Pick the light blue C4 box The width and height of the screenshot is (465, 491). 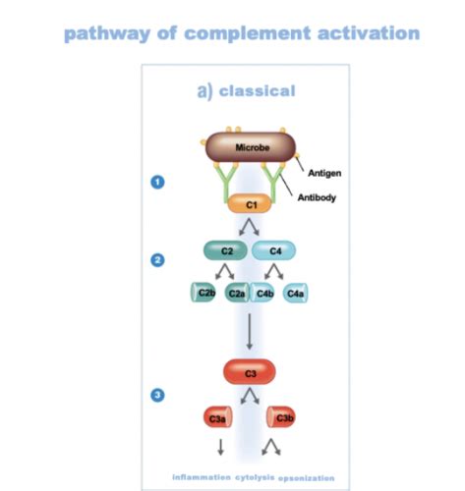point(274,250)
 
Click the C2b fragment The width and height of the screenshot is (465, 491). point(205,293)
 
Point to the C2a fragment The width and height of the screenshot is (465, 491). point(236,293)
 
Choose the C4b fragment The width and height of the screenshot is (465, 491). point(264,293)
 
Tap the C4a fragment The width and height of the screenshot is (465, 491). point(296,293)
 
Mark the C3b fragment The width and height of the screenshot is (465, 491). point(283,417)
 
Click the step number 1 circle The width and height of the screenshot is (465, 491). point(156,182)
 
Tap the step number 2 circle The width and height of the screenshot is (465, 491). point(156,260)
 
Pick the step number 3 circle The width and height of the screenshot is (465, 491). point(156,395)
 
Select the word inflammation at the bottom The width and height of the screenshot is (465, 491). point(202,477)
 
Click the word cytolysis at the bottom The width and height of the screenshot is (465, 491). point(254,477)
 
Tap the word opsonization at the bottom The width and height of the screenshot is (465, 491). point(306,478)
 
